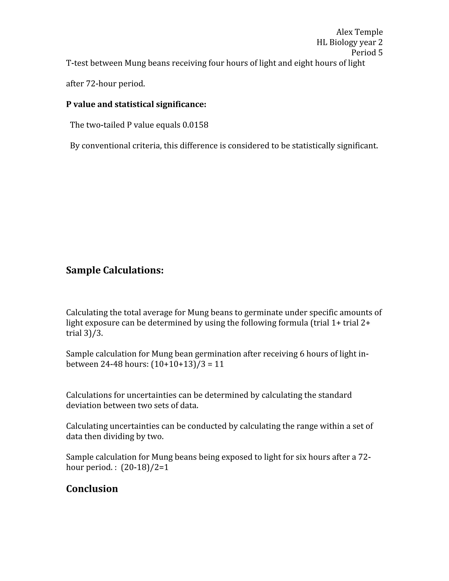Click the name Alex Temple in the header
[359, 32]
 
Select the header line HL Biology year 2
[349, 42]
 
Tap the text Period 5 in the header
[367, 53]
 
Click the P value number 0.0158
[195, 125]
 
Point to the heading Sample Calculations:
[115, 270]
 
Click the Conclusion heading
[92, 489]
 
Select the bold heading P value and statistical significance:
[136, 104]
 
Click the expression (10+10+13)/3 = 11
[187, 364]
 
